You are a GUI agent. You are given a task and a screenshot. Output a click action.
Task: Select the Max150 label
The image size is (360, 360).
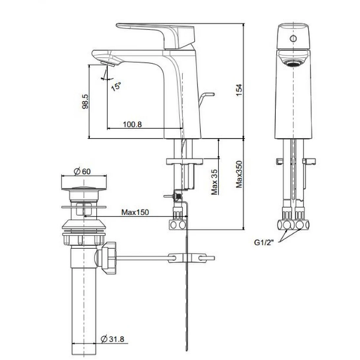(x=133, y=213)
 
